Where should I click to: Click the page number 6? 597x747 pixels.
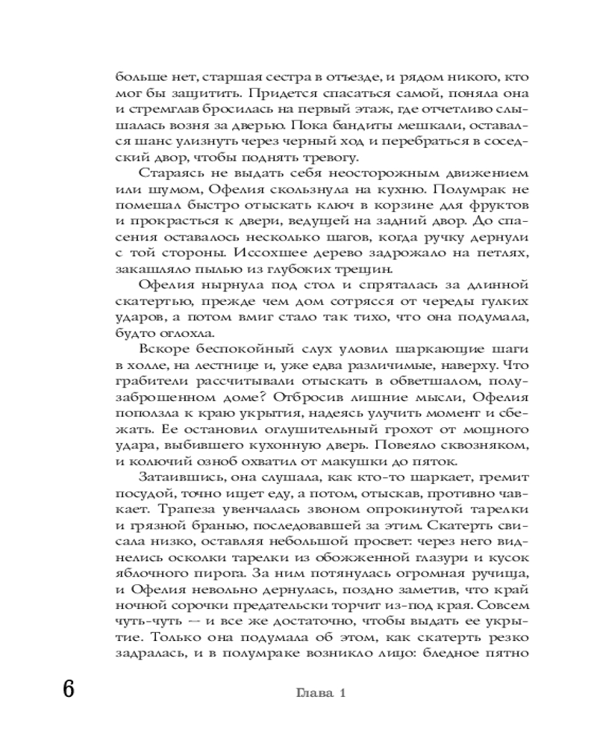click(68, 689)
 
